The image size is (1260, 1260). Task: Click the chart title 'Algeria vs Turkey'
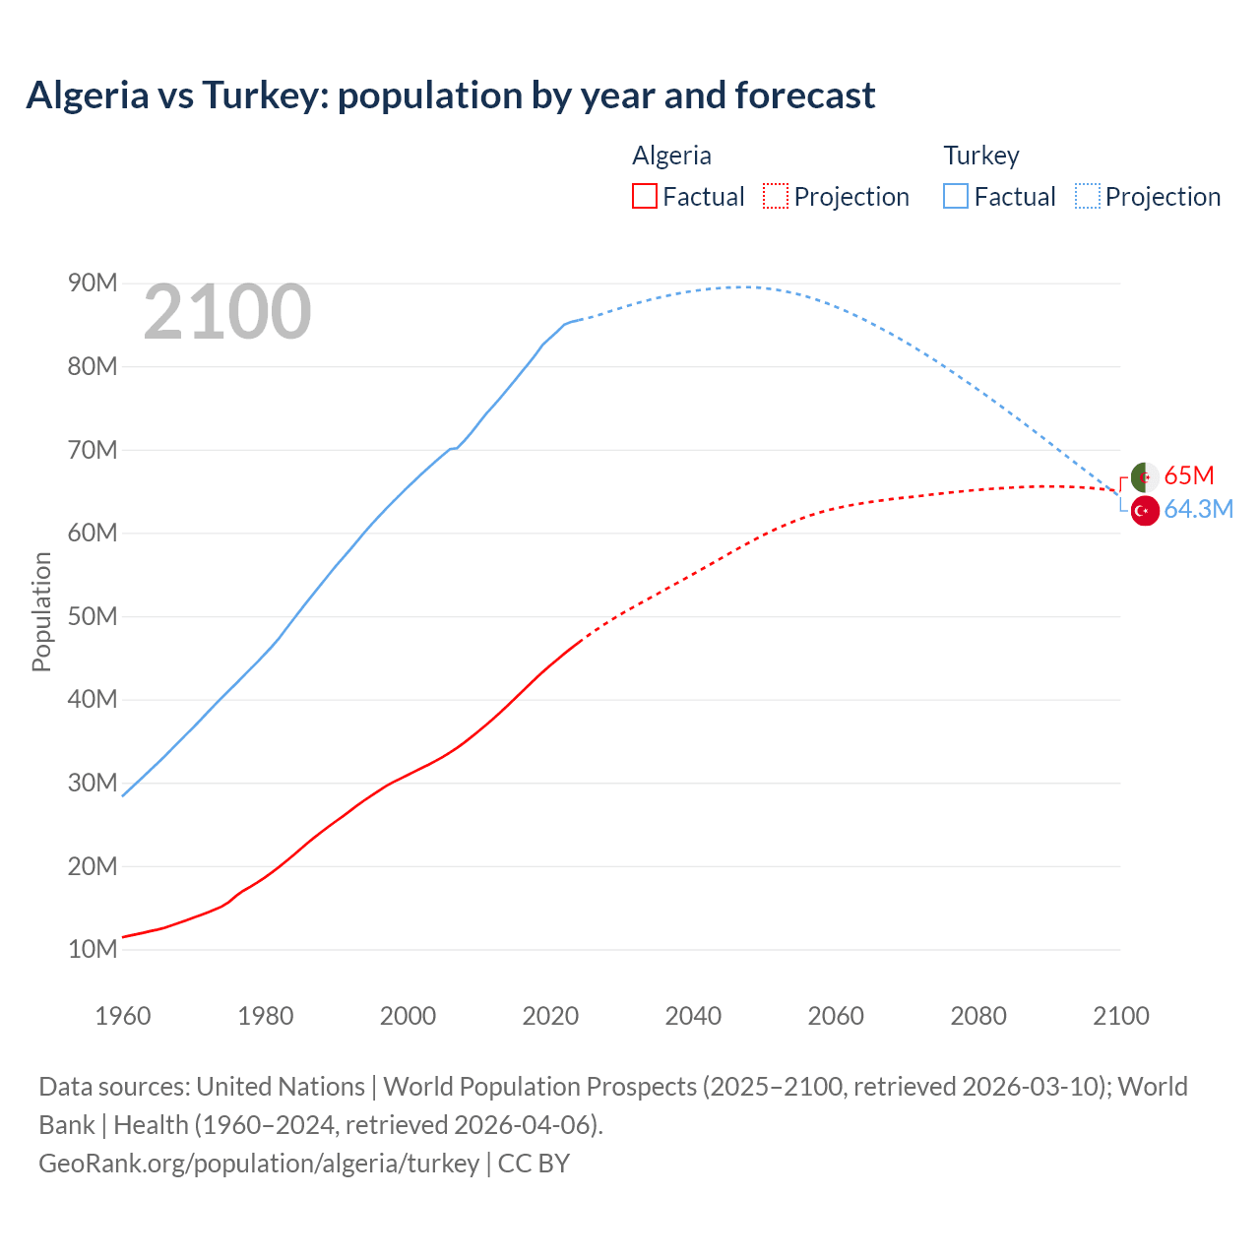click(450, 95)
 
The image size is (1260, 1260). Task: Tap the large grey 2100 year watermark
click(227, 312)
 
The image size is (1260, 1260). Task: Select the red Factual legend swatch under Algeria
click(644, 196)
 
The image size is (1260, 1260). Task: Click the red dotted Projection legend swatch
click(776, 196)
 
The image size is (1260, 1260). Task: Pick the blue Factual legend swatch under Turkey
click(955, 196)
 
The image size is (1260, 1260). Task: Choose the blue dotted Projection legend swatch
click(1087, 196)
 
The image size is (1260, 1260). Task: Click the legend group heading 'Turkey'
click(980, 156)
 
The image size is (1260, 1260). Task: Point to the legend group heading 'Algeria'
click(671, 156)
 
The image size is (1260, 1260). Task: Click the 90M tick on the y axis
click(93, 283)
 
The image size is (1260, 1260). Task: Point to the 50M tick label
click(93, 616)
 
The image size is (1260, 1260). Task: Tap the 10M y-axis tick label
click(93, 950)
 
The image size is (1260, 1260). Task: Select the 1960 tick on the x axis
click(123, 1016)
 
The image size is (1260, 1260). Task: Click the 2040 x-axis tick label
click(693, 1016)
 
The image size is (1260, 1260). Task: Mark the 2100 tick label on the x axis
click(1120, 1016)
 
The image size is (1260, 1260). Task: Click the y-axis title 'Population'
click(41, 611)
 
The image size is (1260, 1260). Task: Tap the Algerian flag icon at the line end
click(1144, 476)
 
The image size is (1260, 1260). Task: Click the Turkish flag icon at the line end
click(1144, 510)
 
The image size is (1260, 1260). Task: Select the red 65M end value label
click(1188, 475)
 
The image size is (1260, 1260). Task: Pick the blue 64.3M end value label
click(1198, 509)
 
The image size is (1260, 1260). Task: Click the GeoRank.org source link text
click(259, 1164)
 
